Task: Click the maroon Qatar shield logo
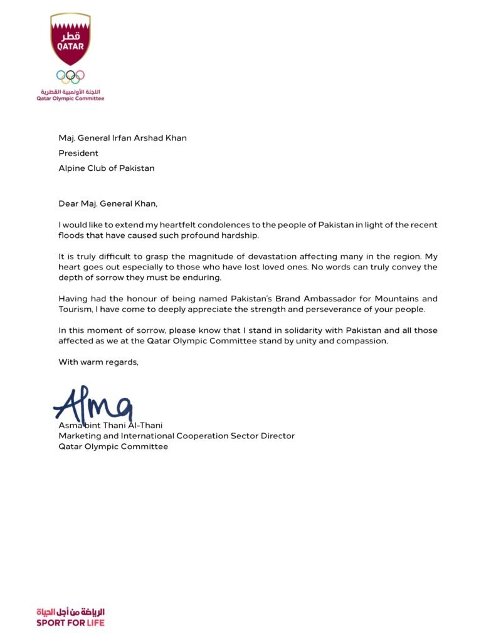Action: (x=70, y=39)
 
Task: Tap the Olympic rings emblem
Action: (x=70, y=76)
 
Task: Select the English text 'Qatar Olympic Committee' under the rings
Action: (x=70, y=99)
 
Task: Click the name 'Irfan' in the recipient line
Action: (x=120, y=138)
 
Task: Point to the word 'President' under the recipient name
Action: (x=78, y=153)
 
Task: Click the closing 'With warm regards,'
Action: (x=98, y=362)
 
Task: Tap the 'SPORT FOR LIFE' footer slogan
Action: (x=70, y=623)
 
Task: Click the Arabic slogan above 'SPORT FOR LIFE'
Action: (x=70, y=612)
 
